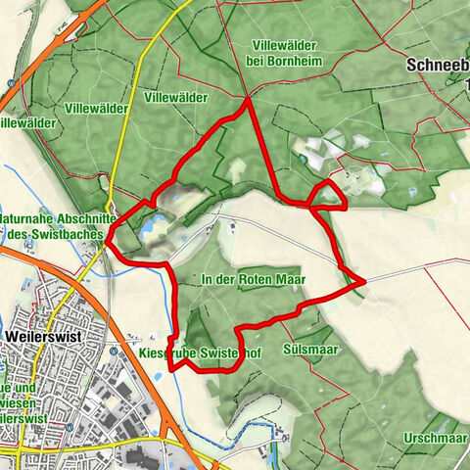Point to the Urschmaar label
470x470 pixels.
437,438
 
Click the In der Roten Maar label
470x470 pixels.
253,279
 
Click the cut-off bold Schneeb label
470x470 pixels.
437,68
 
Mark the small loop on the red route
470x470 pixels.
328,195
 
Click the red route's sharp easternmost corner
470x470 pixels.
363,281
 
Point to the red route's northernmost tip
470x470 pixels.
249,99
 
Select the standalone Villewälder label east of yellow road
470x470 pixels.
175,98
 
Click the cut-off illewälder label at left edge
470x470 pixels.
24,122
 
